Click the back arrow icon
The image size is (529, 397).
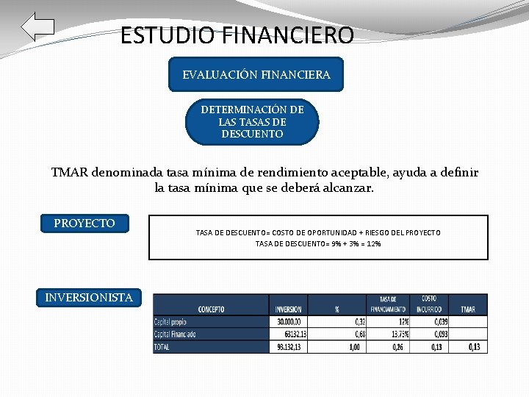37,27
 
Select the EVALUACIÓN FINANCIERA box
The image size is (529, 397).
256,74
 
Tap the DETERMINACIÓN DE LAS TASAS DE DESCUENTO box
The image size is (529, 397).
252,122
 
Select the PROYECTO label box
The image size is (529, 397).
84,223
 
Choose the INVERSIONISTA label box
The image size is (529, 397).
89,298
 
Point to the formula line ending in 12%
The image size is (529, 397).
317,243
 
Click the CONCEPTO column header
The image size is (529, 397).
212,309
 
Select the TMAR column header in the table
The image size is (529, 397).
469,309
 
